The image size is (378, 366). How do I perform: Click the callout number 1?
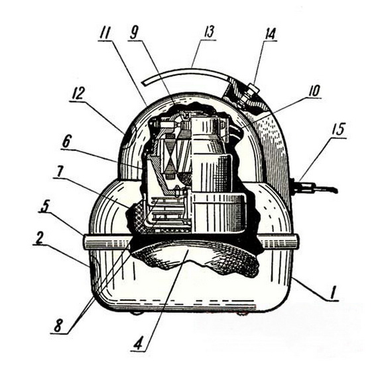point(334,294)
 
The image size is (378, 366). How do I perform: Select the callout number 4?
point(139,343)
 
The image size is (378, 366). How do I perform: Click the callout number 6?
point(66,142)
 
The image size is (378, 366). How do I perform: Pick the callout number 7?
point(59,172)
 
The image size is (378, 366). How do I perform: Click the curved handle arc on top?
point(186,72)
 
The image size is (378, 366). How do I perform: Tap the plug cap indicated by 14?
point(253,88)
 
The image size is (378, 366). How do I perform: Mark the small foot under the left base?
point(136,313)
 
